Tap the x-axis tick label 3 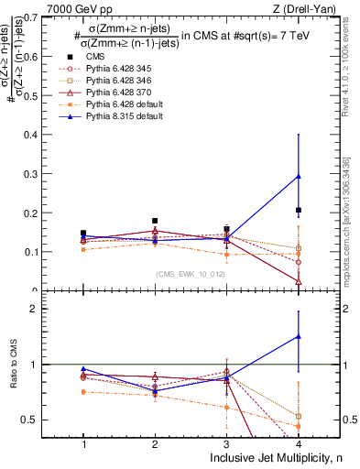click(x=226, y=443)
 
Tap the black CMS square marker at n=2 click(x=155, y=221)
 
